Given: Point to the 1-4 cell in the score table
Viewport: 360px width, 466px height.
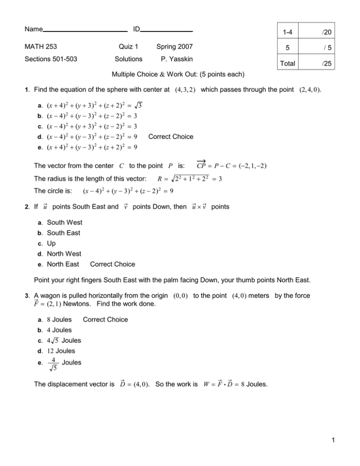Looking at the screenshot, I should point(288,31).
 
